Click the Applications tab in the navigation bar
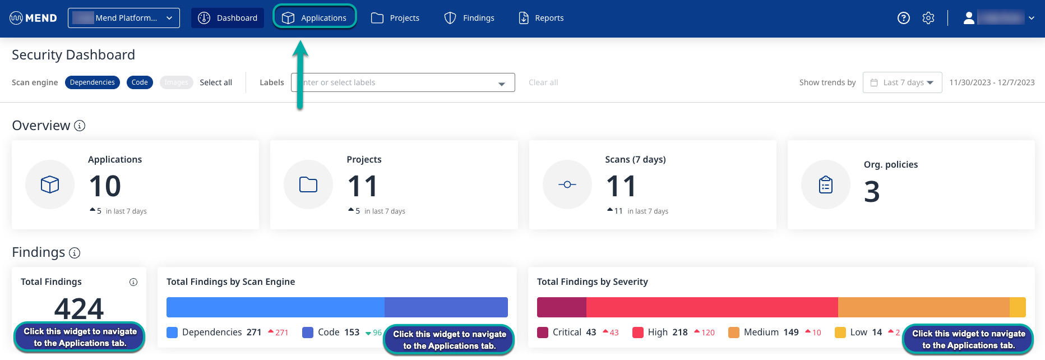[315, 18]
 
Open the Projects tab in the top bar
[395, 18]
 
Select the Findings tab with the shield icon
[469, 18]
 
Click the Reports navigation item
[541, 18]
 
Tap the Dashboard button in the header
[228, 18]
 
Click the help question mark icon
[903, 18]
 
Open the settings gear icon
[928, 18]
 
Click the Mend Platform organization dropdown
[124, 18]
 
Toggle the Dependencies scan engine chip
[93, 82]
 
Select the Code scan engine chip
[140, 82]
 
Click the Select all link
[216, 82]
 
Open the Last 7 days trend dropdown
[902, 82]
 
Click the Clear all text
[543, 82]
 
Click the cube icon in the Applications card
[50, 184]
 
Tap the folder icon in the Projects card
[308, 184]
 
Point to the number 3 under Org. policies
[872, 192]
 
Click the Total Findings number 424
[79, 308]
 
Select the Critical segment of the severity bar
[561, 307]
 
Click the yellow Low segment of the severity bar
[1018, 307]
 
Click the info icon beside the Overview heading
[80, 126]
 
